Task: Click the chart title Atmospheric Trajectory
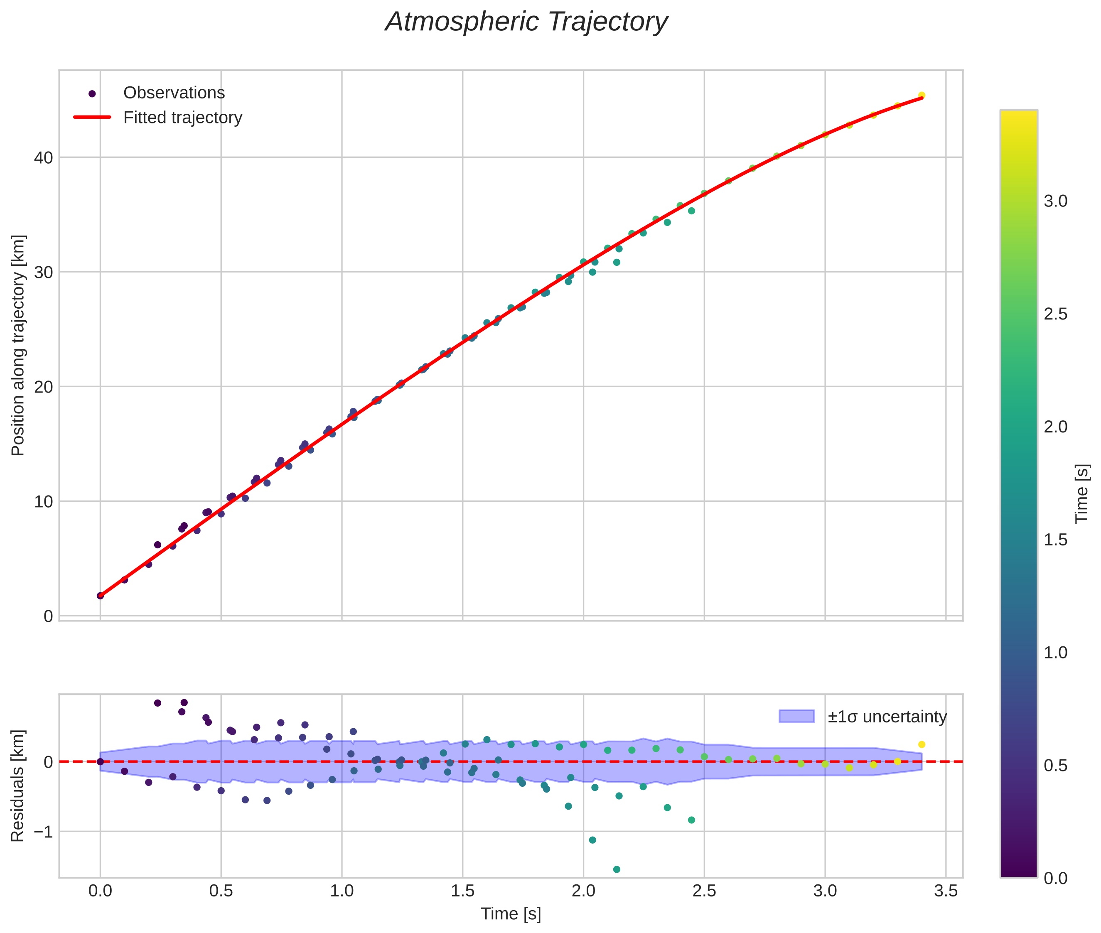click(x=526, y=22)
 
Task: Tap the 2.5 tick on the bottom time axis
click(x=704, y=891)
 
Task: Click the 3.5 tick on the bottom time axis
click(x=946, y=891)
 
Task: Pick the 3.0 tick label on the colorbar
click(x=1055, y=201)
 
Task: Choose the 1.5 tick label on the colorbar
click(x=1055, y=540)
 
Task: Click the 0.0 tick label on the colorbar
click(x=1055, y=878)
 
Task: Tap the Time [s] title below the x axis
click(x=511, y=914)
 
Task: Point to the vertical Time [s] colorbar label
click(x=1082, y=494)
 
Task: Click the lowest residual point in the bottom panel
click(x=617, y=869)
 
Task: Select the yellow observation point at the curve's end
click(x=922, y=95)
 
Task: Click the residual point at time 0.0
click(x=101, y=761)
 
